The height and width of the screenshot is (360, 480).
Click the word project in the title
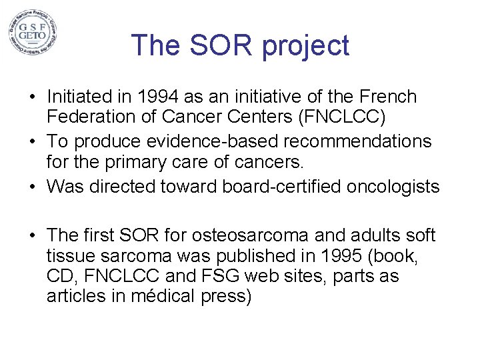(305, 45)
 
